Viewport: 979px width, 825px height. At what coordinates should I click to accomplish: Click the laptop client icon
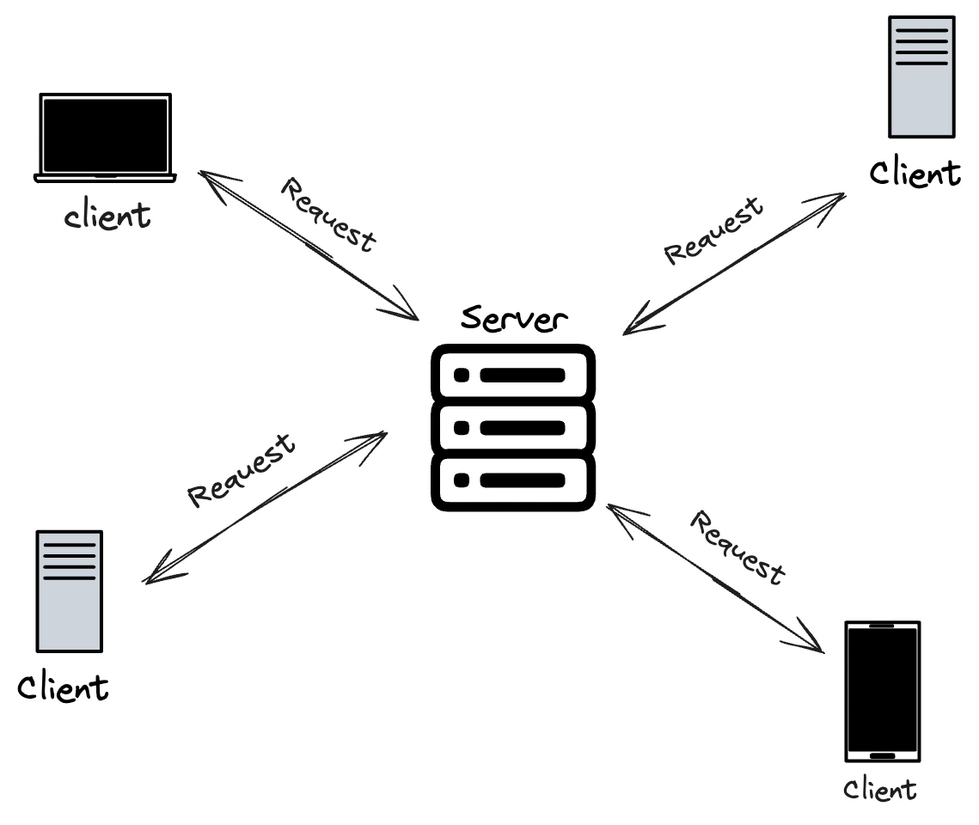pyautogui.click(x=105, y=137)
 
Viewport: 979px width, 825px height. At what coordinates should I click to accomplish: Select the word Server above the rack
pyautogui.click(x=514, y=319)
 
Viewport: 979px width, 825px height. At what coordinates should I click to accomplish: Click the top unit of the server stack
pyautogui.click(x=512, y=375)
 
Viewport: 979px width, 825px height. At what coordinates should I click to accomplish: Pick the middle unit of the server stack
pyautogui.click(x=512, y=427)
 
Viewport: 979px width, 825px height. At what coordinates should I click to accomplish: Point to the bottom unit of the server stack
pyautogui.click(x=512, y=480)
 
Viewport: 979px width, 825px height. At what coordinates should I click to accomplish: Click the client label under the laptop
pyautogui.click(x=108, y=215)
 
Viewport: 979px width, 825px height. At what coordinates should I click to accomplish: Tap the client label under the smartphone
pyautogui.click(x=879, y=789)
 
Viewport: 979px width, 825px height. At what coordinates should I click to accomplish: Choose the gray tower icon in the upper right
pyautogui.click(x=921, y=76)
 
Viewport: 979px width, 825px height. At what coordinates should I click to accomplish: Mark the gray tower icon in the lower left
pyautogui.click(x=69, y=590)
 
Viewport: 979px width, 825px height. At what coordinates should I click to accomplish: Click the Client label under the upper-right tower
pyautogui.click(x=914, y=174)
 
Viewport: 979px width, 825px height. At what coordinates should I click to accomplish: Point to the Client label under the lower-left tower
pyautogui.click(x=64, y=687)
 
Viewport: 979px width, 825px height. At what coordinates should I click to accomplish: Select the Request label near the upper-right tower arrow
pyautogui.click(x=713, y=230)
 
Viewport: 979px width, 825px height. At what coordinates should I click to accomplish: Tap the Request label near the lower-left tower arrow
pyautogui.click(x=242, y=470)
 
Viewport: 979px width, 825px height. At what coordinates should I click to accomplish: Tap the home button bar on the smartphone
pyautogui.click(x=882, y=756)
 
